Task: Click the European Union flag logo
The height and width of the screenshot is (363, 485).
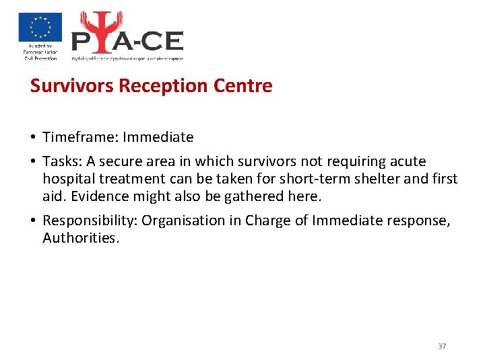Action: tap(40, 28)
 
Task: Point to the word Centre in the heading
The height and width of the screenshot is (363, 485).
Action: tap(243, 86)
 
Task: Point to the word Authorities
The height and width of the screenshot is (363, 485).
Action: tap(80, 238)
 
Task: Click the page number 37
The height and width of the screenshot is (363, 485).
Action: tap(442, 346)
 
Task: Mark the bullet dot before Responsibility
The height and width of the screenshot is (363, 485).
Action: tap(33, 221)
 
